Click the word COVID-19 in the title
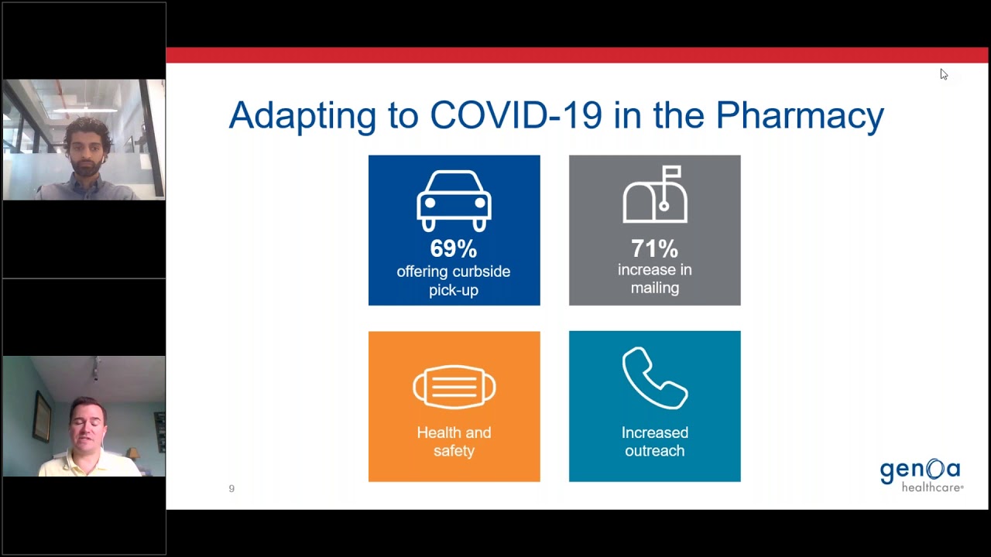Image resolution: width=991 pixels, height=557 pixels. click(516, 115)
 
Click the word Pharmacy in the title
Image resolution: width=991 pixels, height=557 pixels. click(799, 116)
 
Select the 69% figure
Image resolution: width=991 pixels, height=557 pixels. click(454, 248)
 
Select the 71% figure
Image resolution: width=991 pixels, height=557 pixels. click(654, 248)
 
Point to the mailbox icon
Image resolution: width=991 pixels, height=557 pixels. click(654, 195)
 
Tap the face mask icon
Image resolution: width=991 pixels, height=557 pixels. click(454, 386)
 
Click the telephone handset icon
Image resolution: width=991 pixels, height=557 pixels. click(654, 378)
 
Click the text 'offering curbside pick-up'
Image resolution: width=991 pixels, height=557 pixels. click(454, 281)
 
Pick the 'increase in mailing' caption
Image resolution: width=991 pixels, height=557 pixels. click(654, 278)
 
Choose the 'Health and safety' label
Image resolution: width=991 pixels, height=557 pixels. click(454, 442)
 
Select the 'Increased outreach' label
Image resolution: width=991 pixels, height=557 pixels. click(654, 442)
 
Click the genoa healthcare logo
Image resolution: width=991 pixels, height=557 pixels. click(921, 474)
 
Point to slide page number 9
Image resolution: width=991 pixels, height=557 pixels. click(231, 488)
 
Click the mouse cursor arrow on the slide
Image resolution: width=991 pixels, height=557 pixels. click(944, 74)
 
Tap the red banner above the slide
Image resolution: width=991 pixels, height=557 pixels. click(577, 55)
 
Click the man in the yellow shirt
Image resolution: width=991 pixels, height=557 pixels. click(88, 441)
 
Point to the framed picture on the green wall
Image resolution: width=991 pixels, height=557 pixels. click(42, 415)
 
